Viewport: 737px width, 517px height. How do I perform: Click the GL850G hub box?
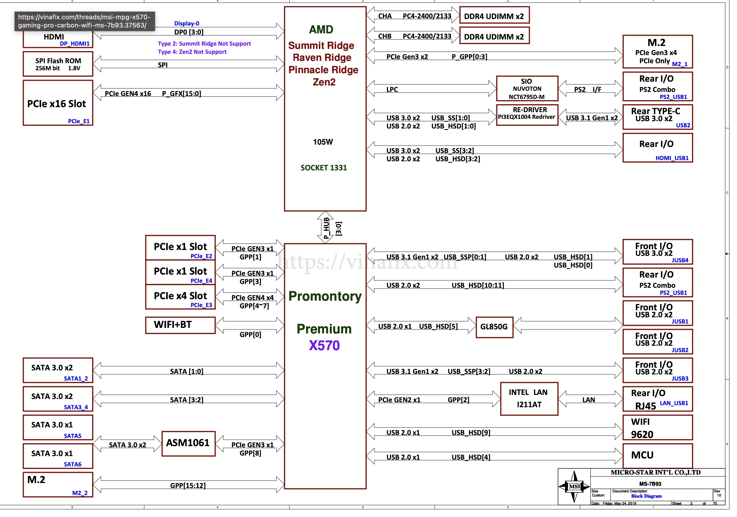click(494, 327)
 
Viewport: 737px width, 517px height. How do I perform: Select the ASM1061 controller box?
click(188, 444)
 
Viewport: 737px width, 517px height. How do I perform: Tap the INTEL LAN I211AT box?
click(529, 398)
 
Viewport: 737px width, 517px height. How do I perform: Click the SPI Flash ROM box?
click(58, 64)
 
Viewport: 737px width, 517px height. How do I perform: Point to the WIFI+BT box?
click(180, 325)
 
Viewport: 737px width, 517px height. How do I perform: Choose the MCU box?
click(657, 455)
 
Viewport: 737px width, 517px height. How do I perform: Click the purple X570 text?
click(324, 345)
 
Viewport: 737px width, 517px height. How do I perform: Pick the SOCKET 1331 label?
click(323, 168)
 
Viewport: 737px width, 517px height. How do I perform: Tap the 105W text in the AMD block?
click(323, 142)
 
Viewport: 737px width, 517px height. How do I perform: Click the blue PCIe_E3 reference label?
click(201, 305)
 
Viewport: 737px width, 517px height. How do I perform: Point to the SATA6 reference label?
click(73, 464)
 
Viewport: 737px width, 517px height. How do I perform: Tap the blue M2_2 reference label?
click(80, 493)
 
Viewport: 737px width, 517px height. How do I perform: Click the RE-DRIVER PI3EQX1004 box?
click(527, 114)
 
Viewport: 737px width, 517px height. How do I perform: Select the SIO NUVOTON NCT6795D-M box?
click(527, 89)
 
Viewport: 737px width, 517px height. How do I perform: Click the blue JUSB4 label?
click(680, 260)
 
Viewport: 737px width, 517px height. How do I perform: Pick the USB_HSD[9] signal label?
click(471, 432)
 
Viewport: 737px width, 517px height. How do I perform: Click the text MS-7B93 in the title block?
click(650, 484)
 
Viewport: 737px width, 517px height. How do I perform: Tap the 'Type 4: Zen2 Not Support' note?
click(192, 52)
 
